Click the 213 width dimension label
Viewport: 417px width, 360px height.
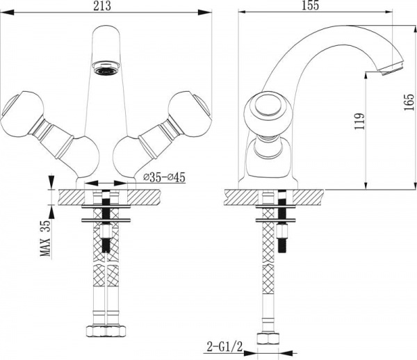coord(102,6)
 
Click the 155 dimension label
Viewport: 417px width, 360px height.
coord(310,6)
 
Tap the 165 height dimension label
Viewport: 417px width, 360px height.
coord(409,102)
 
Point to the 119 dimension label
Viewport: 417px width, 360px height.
coord(359,121)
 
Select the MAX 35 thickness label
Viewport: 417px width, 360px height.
coord(45,238)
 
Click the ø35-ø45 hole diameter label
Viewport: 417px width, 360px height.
coord(164,177)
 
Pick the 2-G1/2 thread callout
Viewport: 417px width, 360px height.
coord(224,347)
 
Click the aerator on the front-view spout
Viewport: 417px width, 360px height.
coord(106,68)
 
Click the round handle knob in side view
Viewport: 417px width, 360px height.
coord(268,111)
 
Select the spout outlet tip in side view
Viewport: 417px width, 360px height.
coord(391,68)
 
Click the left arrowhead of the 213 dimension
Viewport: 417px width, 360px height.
coord(7,12)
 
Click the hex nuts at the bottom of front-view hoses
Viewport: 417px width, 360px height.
coord(106,331)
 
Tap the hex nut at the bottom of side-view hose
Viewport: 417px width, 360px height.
coord(268,338)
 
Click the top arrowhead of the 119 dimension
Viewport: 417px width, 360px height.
coord(367,76)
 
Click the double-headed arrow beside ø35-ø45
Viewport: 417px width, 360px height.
coord(106,183)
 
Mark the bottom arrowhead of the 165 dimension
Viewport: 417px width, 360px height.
coord(415,186)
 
